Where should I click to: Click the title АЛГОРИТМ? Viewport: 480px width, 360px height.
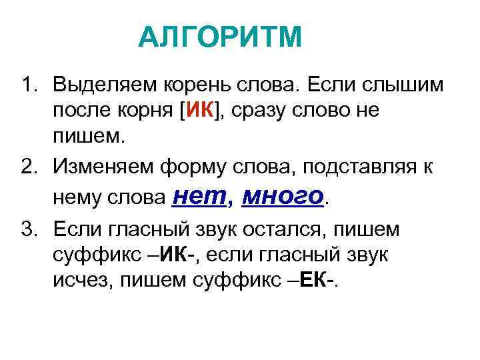[x=220, y=37]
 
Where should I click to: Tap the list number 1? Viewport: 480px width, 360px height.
[x=27, y=86]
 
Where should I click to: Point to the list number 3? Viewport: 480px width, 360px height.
[x=27, y=231]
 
